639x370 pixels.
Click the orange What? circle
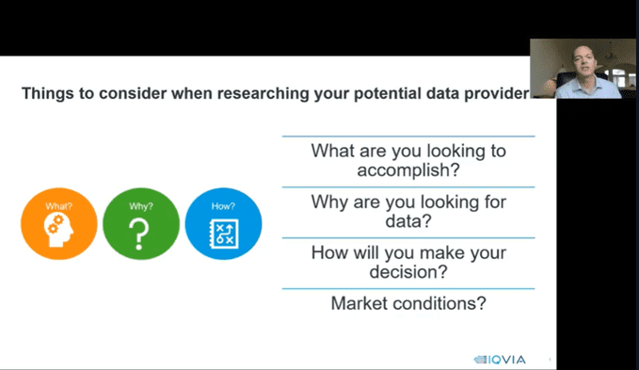click(59, 224)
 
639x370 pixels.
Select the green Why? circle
click(141, 224)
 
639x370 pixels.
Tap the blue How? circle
click(223, 224)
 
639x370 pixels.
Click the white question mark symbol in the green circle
click(139, 233)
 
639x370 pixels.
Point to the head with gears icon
click(59, 231)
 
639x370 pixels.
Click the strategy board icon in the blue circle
click(224, 233)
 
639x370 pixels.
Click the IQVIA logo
click(500, 360)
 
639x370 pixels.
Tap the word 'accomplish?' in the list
click(408, 169)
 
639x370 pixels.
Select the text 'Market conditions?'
click(408, 303)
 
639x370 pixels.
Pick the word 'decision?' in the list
click(408, 272)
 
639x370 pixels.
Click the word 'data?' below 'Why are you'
click(408, 221)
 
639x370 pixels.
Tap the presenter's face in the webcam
click(584, 62)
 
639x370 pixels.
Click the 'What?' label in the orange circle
click(59, 206)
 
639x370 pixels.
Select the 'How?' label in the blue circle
click(223, 206)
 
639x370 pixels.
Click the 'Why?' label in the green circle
click(141, 206)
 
